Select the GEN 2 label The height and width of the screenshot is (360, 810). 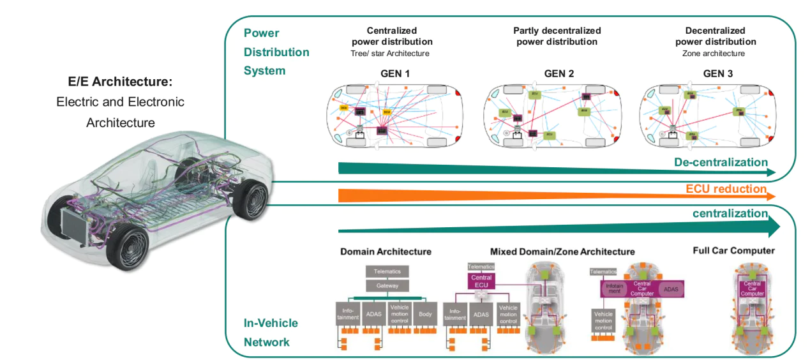coord(559,74)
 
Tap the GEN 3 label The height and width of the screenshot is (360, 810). coord(717,74)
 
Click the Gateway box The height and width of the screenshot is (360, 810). coord(387,285)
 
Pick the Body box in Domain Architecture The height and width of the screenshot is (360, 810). coord(425,314)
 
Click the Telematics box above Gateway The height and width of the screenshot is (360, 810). coord(387,271)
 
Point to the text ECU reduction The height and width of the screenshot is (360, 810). coord(726,189)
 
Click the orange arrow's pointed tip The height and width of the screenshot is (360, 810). coord(774,196)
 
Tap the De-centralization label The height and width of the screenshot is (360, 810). coord(721,162)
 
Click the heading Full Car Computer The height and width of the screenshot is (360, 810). coord(733,251)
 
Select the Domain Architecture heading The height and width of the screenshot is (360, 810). coord(386,251)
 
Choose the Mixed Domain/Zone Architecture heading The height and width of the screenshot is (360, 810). coord(562,251)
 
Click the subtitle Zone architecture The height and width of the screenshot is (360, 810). coord(715,54)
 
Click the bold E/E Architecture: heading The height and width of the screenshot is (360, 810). coord(121,82)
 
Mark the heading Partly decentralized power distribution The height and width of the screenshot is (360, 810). coord(557,36)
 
